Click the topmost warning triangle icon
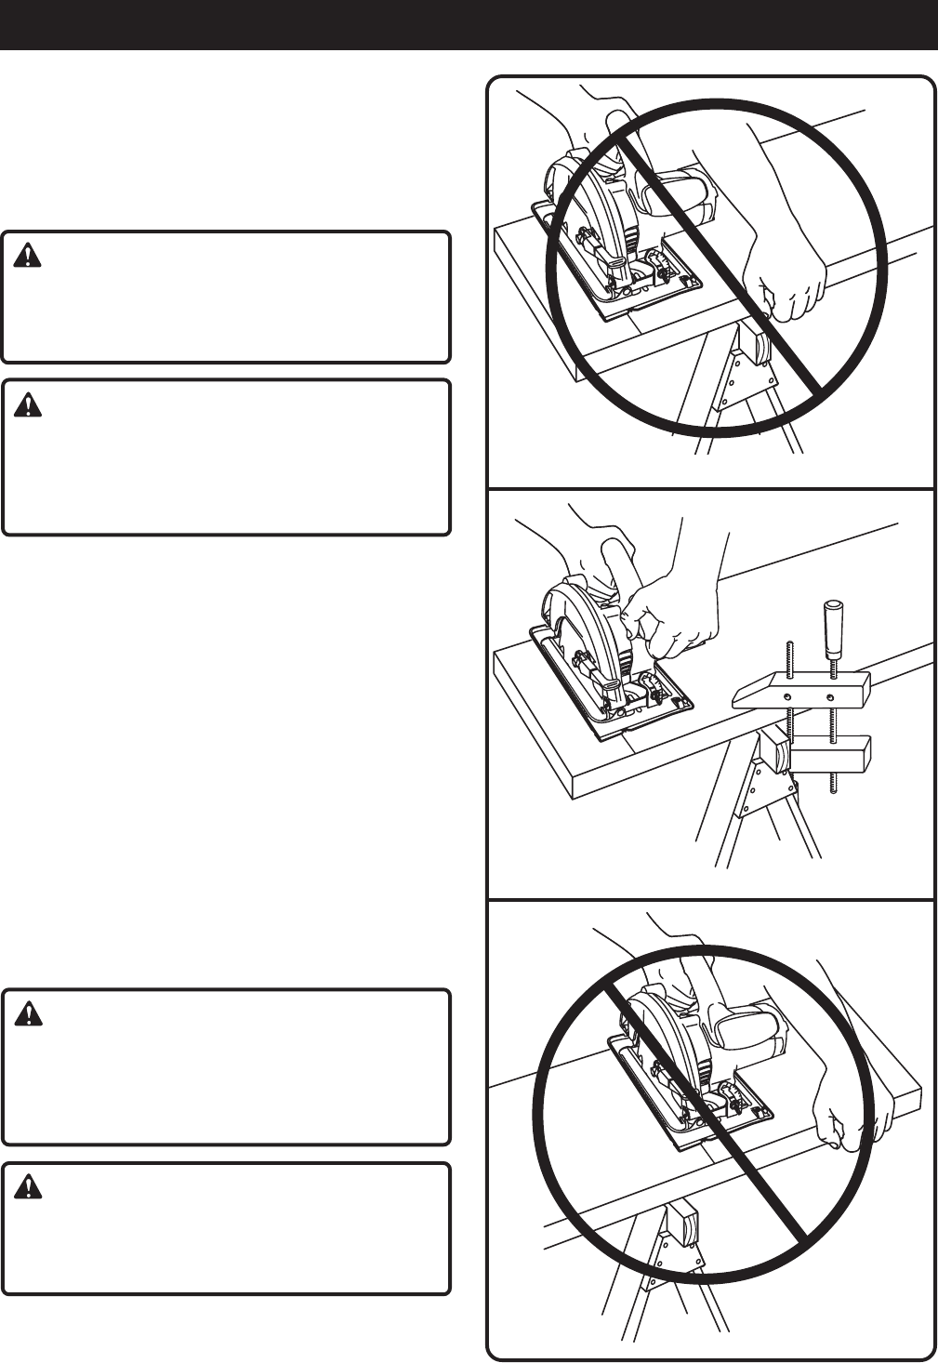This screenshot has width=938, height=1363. tap(28, 257)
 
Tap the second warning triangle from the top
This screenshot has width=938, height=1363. tap(28, 404)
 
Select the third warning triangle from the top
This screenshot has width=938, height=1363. tap(28, 1014)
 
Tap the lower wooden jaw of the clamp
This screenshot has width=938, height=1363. tap(830, 752)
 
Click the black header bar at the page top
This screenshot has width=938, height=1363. tap(469, 24)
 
